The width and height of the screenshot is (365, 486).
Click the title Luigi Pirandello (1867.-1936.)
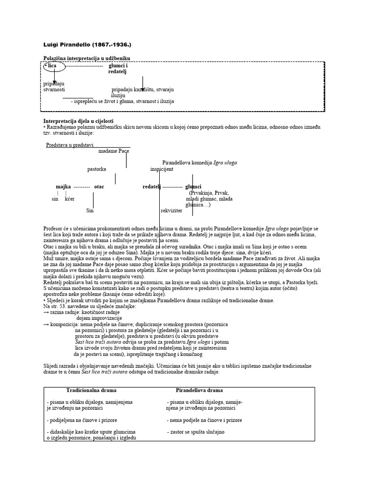click(87, 45)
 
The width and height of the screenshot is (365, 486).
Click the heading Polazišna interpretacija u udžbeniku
click(86, 58)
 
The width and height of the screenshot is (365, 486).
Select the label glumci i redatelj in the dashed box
click(118, 68)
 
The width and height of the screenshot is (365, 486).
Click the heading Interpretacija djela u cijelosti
click(78, 121)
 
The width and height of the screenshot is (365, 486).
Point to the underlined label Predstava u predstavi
click(70, 145)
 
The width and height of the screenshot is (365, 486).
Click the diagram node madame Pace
click(114, 151)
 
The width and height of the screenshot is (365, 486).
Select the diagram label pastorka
click(96, 168)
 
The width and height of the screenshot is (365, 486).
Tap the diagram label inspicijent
click(162, 168)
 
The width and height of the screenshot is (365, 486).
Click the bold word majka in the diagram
click(64, 187)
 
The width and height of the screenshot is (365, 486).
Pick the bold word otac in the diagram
click(99, 187)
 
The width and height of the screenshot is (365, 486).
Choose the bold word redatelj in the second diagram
click(152, 187)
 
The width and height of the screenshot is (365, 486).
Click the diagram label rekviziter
click(172, 210)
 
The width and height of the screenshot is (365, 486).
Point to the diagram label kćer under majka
click(69, 199)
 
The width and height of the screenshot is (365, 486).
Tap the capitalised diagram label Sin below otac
click(90, 210)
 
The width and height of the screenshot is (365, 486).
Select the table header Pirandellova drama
click(199, 390)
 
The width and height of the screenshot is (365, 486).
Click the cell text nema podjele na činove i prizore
click(205, 420)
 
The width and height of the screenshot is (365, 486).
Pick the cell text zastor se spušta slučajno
click(197, 432)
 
